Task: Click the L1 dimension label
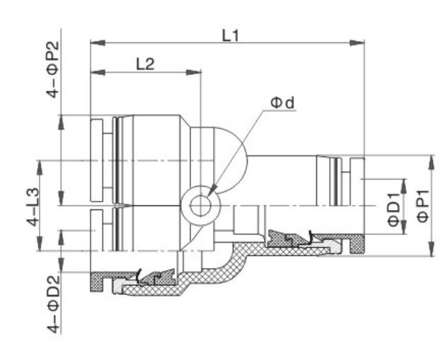pos(231,36)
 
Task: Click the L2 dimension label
pos(146,64)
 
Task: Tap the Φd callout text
pos(282,103)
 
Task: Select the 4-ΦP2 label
pos(53,69)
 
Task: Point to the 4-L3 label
pos(33,207)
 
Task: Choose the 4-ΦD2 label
pos(53,304)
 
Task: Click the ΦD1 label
pos(394,210)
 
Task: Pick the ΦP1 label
pos(423,207)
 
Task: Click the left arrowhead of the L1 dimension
pos(98,43)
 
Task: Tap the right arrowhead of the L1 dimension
pos(357,43)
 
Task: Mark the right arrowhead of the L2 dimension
pos(193,72)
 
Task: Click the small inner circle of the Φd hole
pos(200,206)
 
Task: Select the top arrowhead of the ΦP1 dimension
pos(431,163)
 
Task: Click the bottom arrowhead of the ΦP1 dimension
pos(431,249)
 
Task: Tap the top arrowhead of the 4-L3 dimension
pos(40,168)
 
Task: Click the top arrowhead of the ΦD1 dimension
pos(404,186)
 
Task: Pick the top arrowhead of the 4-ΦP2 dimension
pos(62,122)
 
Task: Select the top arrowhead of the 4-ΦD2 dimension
pos(62,237)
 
